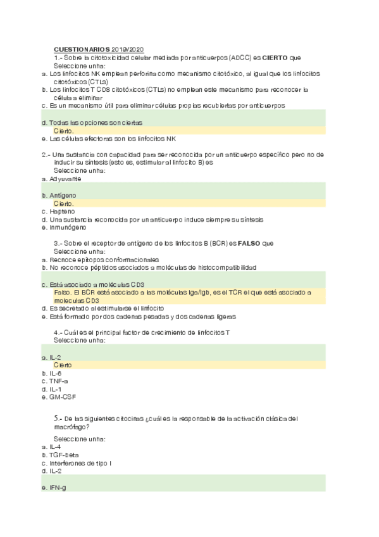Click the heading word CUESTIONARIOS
pos(82,49)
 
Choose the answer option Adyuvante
pos(65,179)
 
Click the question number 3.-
pos(59,244)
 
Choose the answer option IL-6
pos(55,374)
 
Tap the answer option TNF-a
pos(58,381)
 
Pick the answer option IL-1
pos(55,389)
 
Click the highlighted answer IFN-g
pos(58,488)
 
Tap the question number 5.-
pos(59,419)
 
